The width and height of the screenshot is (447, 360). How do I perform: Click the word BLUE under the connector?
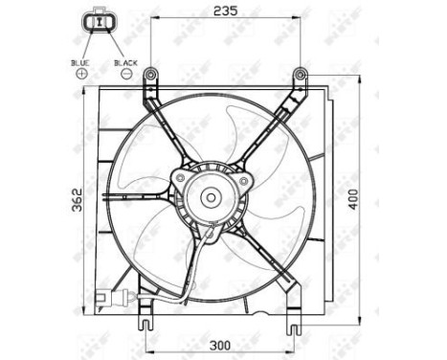tap(80, 62)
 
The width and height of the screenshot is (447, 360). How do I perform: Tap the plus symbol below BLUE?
tap(80, 74)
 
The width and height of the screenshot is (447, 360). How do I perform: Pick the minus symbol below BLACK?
tap(126, 74)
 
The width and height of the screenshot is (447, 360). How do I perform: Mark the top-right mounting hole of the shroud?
tap(301, 72)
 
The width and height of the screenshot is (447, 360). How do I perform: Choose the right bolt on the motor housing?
tap(246, 178)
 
